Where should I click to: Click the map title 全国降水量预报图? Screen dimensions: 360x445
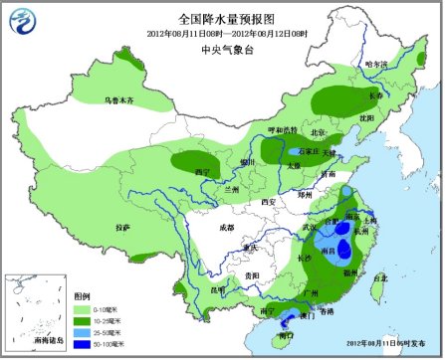tap(223, 18)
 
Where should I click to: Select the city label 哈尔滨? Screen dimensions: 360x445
tap(378, 64)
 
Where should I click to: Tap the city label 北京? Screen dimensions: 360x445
tap(318, 132)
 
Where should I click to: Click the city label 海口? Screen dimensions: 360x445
tap(286, 336)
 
